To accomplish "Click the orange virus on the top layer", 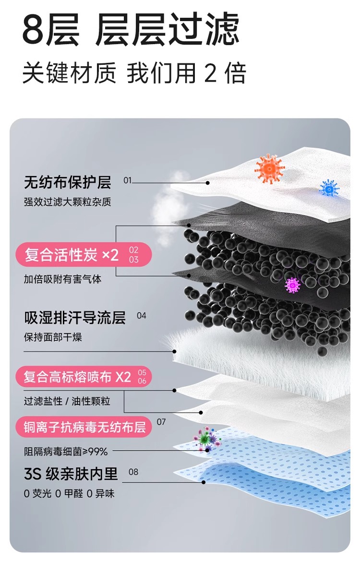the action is pos(269,168).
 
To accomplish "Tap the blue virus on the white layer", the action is pos(329,187).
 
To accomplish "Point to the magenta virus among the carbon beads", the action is pos(292,285).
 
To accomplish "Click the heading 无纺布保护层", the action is pos(67,182).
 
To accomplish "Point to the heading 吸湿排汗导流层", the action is pos(75,317).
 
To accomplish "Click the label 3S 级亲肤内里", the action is pos(71,474).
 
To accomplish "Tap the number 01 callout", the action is pos(127,180).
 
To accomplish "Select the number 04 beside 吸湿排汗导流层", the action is pos(141,316).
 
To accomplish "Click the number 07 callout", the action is pos(161,422).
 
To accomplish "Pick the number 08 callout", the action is pos(133,472).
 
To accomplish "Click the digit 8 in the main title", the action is pos(34,30).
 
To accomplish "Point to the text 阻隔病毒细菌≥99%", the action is pos(66,451).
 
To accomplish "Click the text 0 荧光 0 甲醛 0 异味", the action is pos(69,493).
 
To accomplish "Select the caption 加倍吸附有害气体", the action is pos(62,279).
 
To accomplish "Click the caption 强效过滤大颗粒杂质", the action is pos(67,202).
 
